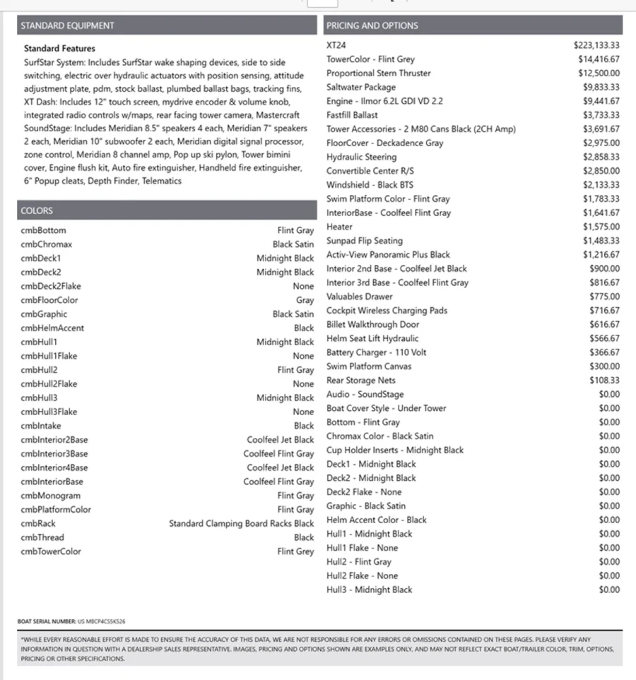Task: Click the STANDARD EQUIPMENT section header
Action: pyautogui.click(x=67, y=26)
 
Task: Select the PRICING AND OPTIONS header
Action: pyautogui.click(x=372, y=26)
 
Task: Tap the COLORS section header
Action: pyautogui.click(x=37, y=211)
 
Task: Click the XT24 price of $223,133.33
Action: pyautogui.click(x=596, y=45)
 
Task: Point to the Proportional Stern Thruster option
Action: pyautogui.click(x=378, y=73)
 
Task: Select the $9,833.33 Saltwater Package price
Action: pyautogui.click(x=601, y=88)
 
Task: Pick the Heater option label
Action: pyautogui.click(x=339, y=227)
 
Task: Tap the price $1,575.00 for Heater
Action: pyautogui.click(x=601, y=227)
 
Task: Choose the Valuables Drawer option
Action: pyautogui.click(x=359, y=297)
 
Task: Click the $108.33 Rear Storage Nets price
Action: pyautogui.click(x=605, y=381)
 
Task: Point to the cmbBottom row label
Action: pyautogui.click(x=44, y=231)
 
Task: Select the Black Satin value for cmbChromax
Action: pyautogui.click(x=293, y=245)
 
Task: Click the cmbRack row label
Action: pyautogui.click(x=38, y=524)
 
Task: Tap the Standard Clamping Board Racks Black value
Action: pyautogui.click(x=241, y=524)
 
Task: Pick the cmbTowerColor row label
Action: pyautogui.click(x=51, y=551)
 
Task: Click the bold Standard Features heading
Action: pyautogui.click(x=59, y=49)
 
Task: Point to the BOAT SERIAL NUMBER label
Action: pyautogui.click(x=47, y=621)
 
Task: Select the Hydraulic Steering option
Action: pyautogui.click(x=361, y=157)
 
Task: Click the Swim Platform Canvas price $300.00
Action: pyautogui.click(x=604, y=366)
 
